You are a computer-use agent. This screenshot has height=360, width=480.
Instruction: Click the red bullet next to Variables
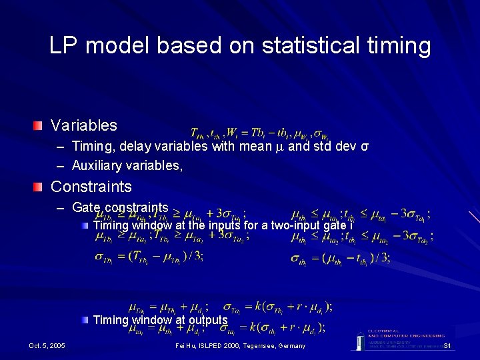(40, 125)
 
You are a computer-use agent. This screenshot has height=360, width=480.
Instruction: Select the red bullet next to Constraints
(40, 187)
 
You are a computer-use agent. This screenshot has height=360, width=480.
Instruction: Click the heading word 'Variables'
(84, 125)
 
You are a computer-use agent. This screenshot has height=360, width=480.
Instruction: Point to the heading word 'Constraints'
(91, 187)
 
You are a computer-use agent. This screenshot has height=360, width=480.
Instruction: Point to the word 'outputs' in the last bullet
(208, 320)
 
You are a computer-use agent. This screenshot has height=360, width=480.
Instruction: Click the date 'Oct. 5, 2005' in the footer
(47, 345)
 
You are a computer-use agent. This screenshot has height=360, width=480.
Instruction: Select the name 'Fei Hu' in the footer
(185, 345)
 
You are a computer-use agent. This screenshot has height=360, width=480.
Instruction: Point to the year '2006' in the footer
(231, 345)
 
